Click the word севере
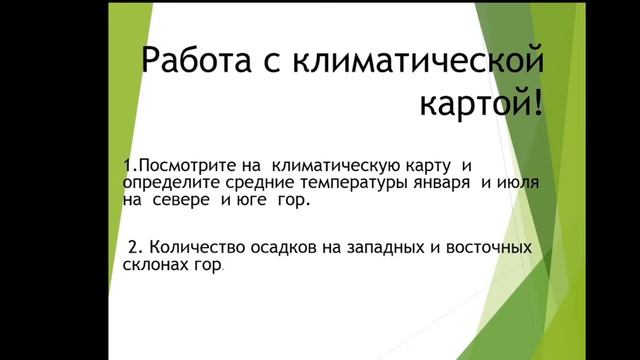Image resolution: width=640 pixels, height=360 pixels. coord(184,200)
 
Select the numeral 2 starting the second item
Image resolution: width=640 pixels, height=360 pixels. coord(132,246)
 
